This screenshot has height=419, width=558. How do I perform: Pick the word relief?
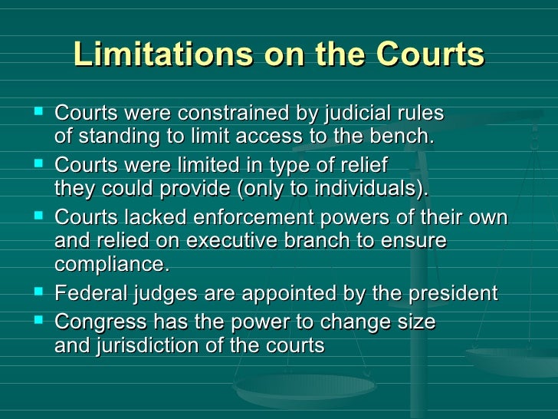(x=361, y=166)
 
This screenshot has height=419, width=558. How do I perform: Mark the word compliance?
(x=111, y=266)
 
